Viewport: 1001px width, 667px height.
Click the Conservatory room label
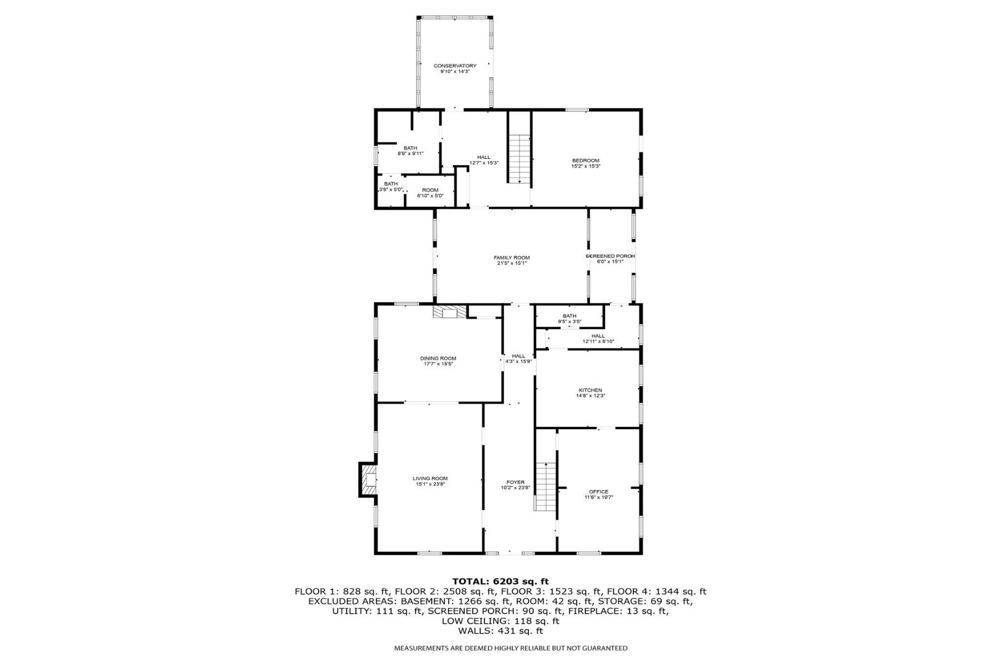tap(455, 66)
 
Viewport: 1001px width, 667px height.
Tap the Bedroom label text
tap(586, 161)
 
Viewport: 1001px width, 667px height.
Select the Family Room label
tap(512, 257)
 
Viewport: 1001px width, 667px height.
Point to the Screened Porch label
tap(611, 256)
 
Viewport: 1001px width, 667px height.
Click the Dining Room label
tap(438, 359)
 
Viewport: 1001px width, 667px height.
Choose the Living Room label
tap(430, 479)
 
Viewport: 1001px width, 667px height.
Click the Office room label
tap(598, 492)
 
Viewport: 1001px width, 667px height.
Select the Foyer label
tap(515, 482)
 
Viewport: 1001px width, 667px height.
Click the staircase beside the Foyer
tap(546, 486)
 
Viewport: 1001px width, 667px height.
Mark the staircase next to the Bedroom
tap(519, 158)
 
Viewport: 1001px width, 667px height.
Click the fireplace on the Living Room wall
tap(368, 480)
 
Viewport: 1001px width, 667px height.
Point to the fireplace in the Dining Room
tap(450, 312)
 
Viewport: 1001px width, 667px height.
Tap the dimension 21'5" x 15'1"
tap(512, 263)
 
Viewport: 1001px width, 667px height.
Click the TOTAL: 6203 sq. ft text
tap(500, 582)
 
